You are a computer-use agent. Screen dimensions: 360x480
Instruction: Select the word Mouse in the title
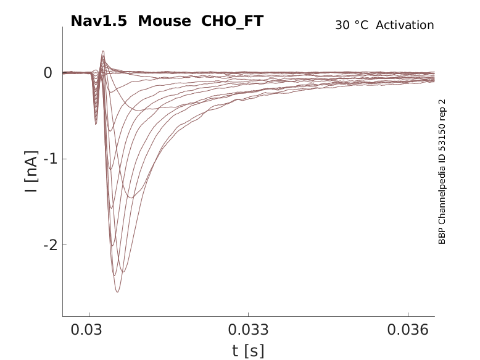(x=164, y=21)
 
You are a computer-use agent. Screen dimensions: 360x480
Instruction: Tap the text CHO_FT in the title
(x=233, y=21)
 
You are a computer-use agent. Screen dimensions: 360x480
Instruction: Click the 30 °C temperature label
(x=351, y=25)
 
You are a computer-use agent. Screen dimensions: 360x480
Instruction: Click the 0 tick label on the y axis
(x=48, y=73)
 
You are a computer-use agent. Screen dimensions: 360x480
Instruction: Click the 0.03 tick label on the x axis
(x=89, y=330)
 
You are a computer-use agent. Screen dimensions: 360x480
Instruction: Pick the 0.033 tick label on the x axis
(x=248, y=330)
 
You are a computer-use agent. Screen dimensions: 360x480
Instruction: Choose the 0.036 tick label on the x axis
(x=407, y=330)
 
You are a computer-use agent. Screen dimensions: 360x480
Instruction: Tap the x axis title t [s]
(x=248, y=351)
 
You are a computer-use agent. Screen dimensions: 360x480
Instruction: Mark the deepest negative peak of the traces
(x=117, y=291)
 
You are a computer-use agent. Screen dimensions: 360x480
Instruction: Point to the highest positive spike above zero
(x=103, y=51)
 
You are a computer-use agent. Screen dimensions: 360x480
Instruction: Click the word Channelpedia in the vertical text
(x=442, y=186)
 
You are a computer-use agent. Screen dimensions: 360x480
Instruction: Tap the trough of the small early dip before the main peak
(x=96, y=124)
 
